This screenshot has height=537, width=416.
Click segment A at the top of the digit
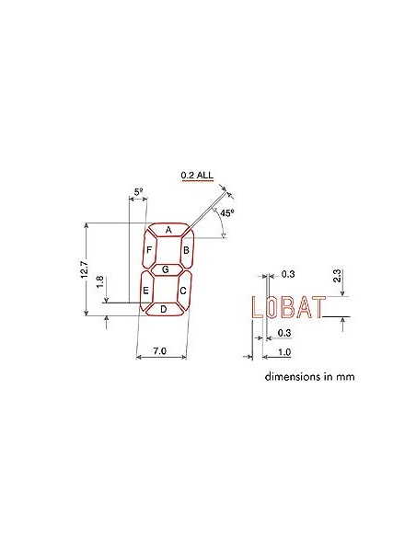click(168, 230)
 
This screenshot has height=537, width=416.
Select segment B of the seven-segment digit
click(186, 249)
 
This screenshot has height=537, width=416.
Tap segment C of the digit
click(183, 291)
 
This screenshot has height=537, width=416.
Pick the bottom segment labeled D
click(163, 310)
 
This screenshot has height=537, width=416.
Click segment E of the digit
click(145, 291)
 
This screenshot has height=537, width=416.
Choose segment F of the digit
click(149, 250)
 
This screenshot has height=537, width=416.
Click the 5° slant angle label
click(139, 192)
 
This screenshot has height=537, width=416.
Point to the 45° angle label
click(226, 211)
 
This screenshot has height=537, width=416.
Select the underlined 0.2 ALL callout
click(197, 175)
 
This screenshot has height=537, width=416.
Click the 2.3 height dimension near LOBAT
click(338, 275)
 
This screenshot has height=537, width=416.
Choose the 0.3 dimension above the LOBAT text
click(287, 273)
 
